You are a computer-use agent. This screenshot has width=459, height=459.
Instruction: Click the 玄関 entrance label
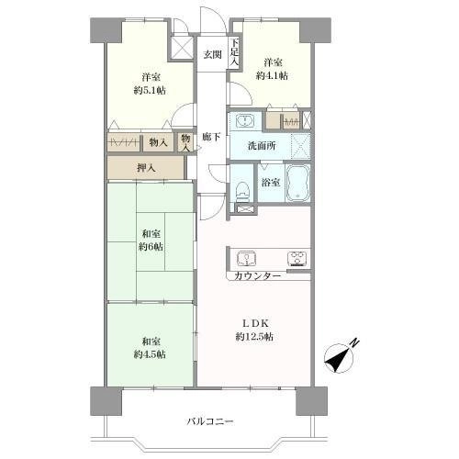[213, 55]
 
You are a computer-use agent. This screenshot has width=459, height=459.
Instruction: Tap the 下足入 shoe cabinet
[234, 52]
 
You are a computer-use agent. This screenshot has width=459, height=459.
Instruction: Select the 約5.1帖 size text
[150, 91]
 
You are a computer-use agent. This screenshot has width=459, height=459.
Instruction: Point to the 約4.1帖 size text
[272, 75]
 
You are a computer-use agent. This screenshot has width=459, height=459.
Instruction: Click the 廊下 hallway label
[211, 137]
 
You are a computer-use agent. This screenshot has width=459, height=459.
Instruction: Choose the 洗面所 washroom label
[262, 146]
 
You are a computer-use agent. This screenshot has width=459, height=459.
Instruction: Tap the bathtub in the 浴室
[297, 184]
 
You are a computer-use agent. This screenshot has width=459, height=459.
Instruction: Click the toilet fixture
[243, 192]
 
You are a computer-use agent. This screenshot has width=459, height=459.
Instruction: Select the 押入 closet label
[146, 168]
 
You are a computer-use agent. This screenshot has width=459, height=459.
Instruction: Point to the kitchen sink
[247, 259]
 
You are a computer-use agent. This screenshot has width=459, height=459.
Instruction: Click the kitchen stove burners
[297, 259]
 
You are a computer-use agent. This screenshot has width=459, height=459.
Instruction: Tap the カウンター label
[258, 276]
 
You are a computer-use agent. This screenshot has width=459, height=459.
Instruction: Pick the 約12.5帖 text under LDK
[254, 337]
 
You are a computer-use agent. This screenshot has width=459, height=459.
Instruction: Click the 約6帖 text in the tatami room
[151, 247]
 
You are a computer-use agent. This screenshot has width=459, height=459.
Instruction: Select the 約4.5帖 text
[150, 354]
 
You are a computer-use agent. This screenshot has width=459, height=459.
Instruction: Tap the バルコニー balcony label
[210, 421]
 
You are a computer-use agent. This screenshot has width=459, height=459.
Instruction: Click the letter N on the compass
[354, 342]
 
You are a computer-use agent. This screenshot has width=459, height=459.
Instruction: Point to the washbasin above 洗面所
[244, 120]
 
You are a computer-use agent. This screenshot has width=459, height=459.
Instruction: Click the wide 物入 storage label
[158, 142]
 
